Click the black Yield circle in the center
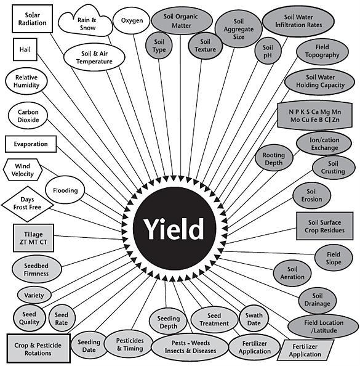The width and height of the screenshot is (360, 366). click(174, 229)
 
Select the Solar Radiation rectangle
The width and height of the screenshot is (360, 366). click(32, 18)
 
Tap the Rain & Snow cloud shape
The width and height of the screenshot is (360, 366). click(86, 22)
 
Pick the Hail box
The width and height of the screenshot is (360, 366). click(25, 49)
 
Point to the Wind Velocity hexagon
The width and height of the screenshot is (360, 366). click(23, 170)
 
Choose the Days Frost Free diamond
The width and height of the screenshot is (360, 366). click(27, 204)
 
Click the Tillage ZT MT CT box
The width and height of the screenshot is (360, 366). click(33, 238)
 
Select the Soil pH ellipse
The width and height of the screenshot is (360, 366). click(268, 51)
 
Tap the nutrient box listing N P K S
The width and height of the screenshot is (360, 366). click(314, 116)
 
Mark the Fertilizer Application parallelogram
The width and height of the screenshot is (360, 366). click(305, 350)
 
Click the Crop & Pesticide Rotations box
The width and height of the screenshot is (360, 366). click(38, 349)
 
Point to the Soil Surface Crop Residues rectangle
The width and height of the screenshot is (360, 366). click(324, 226)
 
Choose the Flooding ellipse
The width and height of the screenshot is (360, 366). click(65, 190)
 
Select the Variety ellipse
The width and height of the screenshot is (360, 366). click(34, 295)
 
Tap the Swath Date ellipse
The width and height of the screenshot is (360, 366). click(254, 319)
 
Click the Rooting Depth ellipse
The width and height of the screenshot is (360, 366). click(274, 158)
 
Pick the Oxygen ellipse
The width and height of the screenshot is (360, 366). click(132, 20)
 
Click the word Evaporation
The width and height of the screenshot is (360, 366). click(31, 144)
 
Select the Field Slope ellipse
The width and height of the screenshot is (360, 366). click(334, 258)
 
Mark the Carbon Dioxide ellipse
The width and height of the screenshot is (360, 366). click(28, 116)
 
